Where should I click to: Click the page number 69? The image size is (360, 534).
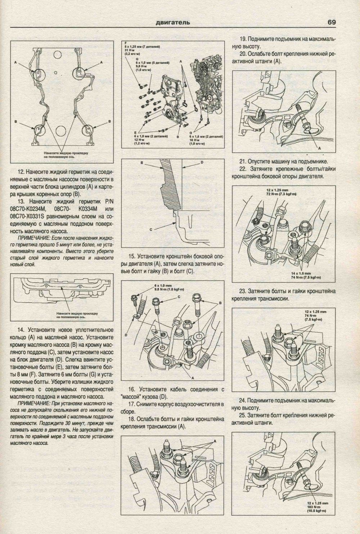[x=332, y=22]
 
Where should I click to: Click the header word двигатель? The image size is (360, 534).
[x=173, y=23]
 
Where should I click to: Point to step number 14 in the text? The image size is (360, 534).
[x=21, y=330]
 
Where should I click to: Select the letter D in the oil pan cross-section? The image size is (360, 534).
[x=202, y=163]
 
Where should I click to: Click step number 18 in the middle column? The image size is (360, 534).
[x=131, y=419]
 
